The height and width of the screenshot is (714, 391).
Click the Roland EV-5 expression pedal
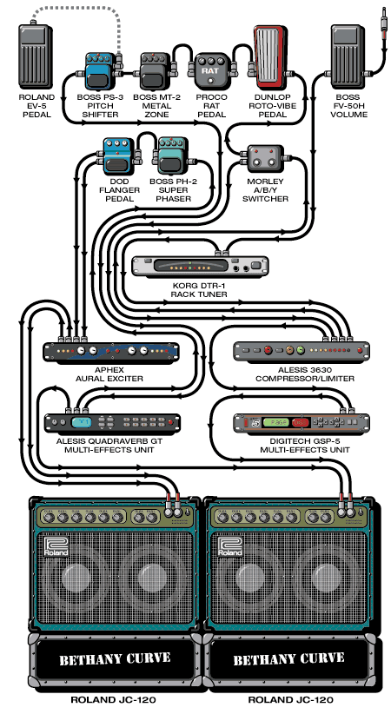36,56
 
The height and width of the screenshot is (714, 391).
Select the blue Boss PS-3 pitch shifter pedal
100,70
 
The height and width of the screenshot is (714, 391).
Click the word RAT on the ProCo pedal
210,70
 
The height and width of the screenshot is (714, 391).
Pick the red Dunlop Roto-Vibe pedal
271,57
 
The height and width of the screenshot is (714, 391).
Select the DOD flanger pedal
117,155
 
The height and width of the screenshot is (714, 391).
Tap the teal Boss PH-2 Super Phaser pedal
172,155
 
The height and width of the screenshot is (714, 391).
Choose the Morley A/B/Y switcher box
265,157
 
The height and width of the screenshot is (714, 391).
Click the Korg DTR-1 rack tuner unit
200,266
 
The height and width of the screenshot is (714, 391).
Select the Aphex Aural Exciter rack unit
111,351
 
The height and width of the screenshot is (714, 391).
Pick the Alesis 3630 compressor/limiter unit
302,351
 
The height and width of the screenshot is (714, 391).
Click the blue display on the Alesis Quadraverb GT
81,422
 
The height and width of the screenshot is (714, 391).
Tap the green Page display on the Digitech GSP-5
276,422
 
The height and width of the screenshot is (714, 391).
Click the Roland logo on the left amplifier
56,546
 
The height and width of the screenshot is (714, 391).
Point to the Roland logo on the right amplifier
229,546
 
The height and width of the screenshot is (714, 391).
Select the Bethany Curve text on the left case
115,659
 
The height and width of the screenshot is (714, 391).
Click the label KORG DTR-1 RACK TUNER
199,289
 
